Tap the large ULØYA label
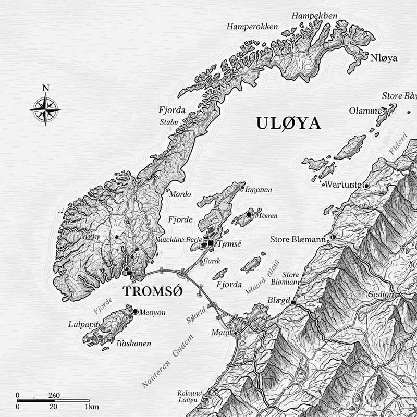click(x=288, y=124)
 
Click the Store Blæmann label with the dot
click(x=298, y=239)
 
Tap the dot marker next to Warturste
click(x=367, y=186)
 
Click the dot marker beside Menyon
click(x=136, y=311)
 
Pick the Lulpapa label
click(x=83, y=324)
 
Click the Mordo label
click(x=181, y=193)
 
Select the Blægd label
click(x=278, y=301)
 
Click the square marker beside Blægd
click(x=293, y=302)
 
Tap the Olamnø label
click(x=363, y=110)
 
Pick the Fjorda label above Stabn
click(x=173, y=111)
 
